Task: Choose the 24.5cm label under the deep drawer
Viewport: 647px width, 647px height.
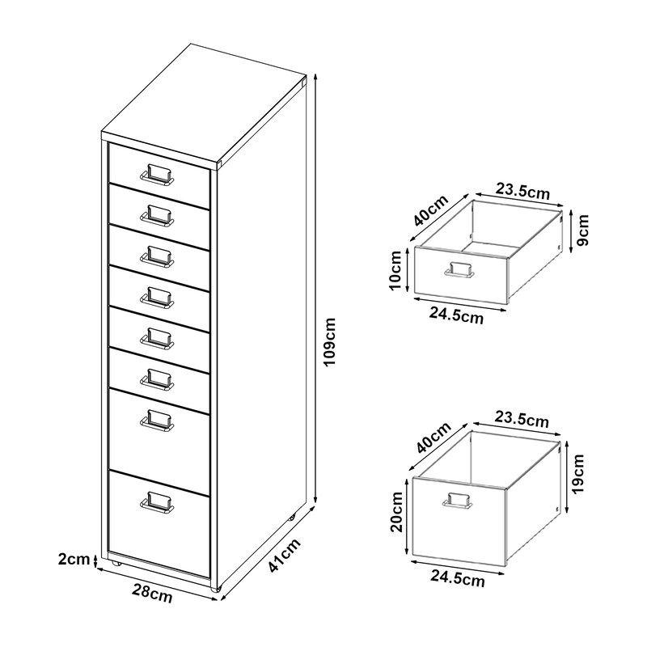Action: coord(457,578)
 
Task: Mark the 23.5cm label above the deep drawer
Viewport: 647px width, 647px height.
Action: coord(522,420)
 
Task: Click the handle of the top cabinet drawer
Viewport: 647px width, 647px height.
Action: coord(157,175)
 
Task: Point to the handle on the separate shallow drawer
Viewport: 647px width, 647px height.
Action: coord(459,271)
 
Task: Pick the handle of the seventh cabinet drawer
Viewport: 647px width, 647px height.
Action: coord(156,419)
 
